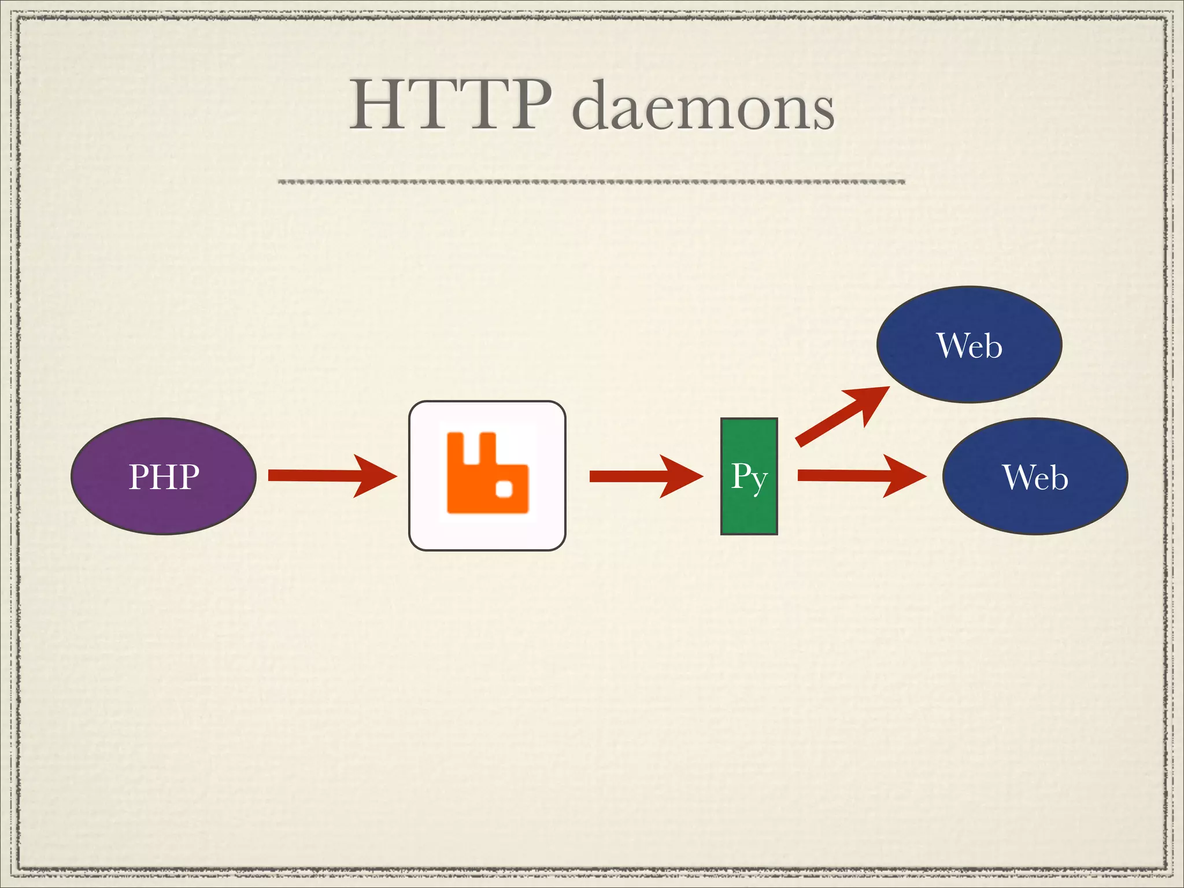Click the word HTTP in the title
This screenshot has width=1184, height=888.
[451, 105]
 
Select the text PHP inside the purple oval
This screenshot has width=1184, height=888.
[164, 477]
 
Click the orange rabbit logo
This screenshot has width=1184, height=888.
[487, 472]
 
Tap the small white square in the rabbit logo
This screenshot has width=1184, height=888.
[504, 490]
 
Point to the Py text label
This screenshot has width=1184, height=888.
[749, 477]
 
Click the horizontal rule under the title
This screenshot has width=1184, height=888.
[591, 182]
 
